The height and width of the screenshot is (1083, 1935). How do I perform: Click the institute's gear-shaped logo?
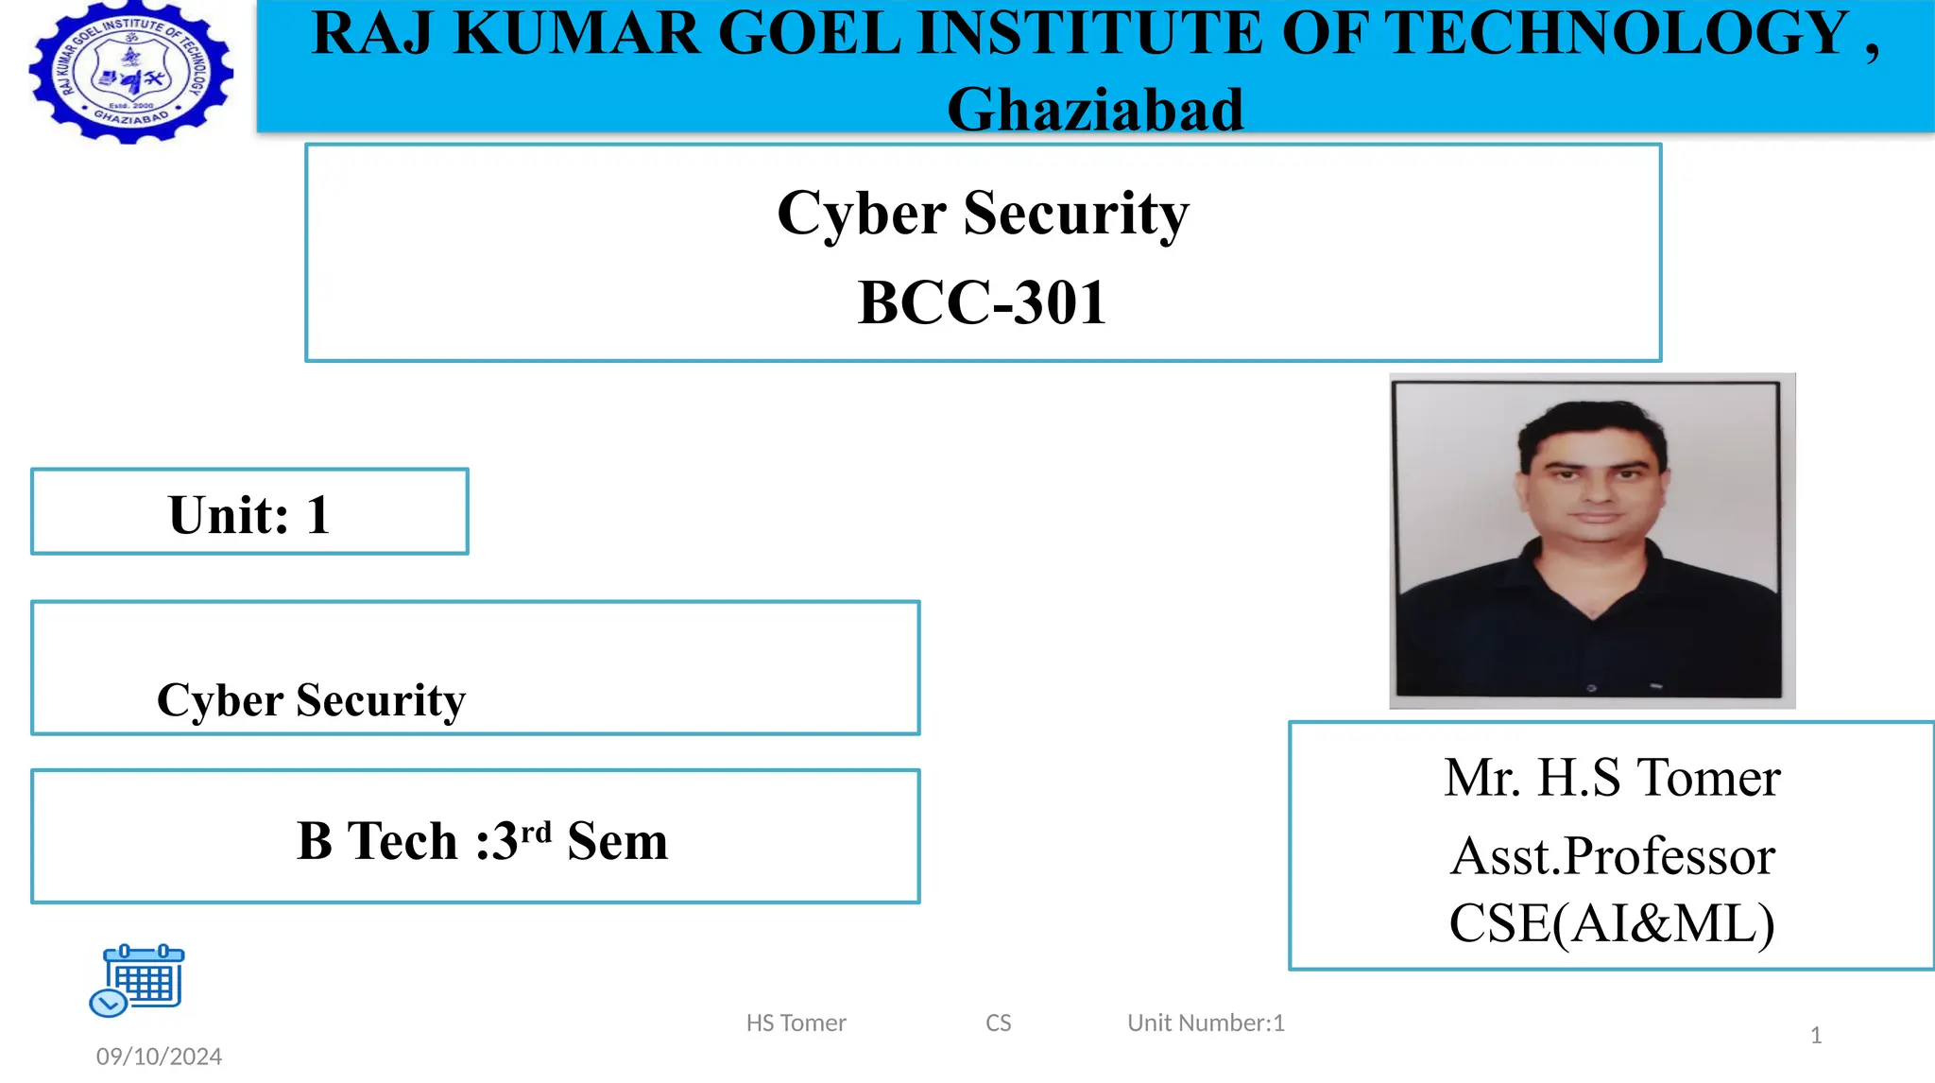[x=131, y=73]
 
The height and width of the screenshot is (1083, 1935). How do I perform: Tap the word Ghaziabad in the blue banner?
[x=1095, y=110]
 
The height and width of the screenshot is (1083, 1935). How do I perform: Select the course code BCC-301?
[x=982, y=302]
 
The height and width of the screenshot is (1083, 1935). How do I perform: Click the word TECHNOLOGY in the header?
[x=1618, y=34]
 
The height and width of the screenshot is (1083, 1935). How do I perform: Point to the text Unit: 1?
[x=249, y=515]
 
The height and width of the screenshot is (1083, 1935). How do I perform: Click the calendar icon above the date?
[x=138, y=979]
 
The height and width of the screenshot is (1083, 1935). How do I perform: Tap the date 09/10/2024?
[x=159, y=1056]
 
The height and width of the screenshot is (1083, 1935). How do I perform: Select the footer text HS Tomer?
[x=796, y=1023]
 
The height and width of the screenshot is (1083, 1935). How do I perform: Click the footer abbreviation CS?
[x=998, y=1023]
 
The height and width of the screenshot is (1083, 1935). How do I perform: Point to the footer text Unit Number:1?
[x=1206, y=1023]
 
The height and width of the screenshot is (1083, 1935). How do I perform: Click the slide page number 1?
[x=1815, y=1035]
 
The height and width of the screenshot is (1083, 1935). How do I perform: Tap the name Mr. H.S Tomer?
[x=1612, y=778]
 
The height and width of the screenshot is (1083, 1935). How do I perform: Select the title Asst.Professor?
[x=1612, y=856]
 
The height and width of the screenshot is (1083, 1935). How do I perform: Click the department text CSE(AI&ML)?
[x=1612, y=923]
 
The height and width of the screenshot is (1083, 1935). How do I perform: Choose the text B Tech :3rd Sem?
[x=482, y=840]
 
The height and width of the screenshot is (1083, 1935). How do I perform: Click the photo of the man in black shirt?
[x=1592, y=541]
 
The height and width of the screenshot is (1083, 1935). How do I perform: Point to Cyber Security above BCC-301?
[x=983, y=213]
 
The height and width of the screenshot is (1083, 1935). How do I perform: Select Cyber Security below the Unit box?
[x=311, y=700]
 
